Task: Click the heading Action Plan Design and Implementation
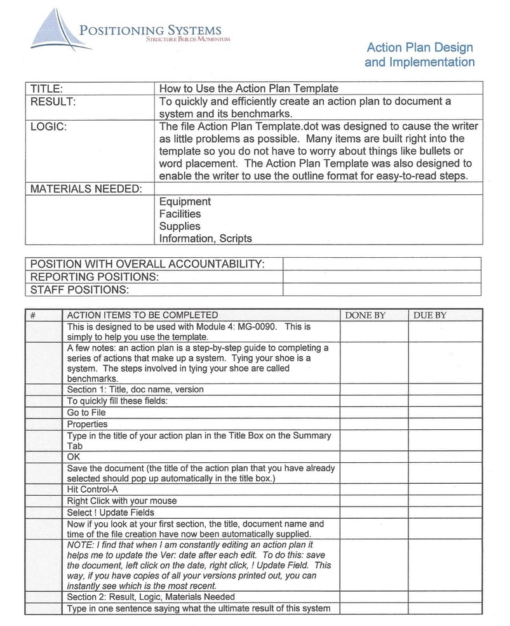pyautogui.click(x=419, y=55)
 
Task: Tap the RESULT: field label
pyautogui.click(x=53, y=102)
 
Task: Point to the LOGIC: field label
pyautogui.click(x=49, y=126)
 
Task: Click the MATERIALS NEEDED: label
pyautogui.click(x=83, y=189)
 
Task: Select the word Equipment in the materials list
pyautogui.click(x=185, y=202)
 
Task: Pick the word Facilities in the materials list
pyautogui.click(x=180, y=214)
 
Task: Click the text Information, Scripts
pyautogui.click(x=205, y=239)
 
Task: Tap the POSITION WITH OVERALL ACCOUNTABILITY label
pyautogui.click(x=147, y=264)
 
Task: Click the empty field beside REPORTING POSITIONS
pyautogui.click(x=382, y=277)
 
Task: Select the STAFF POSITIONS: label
pyautogui.click(x=79, y=290)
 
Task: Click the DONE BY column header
pyautogui.click(x=365, y=315)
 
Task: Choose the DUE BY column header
pyautogui.click(x=429, y=315)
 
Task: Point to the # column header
pyautogui.click(x=32, y=315)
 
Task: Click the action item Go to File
pyautogui.click(x=86, y=413)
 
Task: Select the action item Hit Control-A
pyautogui.click(x=92, y=489)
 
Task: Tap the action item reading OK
pyautogui.click(x=73, y=456)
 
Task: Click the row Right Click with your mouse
pyautogui.click(x=122, y=501)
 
